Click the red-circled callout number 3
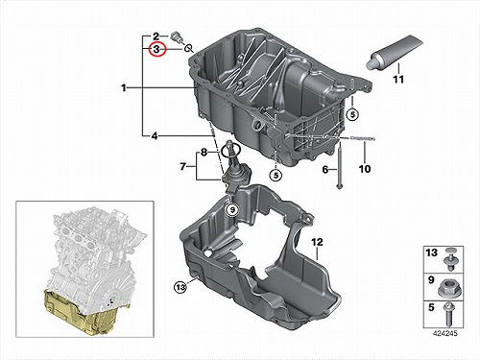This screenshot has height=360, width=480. coord(156,49)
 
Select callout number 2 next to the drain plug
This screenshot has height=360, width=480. coord(156,36)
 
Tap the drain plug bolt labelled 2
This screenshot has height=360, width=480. coord(177,37)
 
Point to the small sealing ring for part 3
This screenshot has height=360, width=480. coord(188,48)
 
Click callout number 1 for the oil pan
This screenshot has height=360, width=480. coord(124,87)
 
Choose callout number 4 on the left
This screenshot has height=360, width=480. coord(155,136)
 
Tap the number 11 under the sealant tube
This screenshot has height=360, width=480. coord(398,79)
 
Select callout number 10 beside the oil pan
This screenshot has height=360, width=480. coord(365,169)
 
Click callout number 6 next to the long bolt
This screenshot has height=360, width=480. coord(325,169)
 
